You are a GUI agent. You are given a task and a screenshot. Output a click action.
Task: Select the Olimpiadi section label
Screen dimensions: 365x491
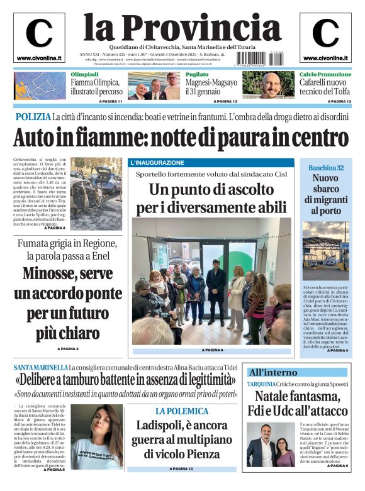point(84,74)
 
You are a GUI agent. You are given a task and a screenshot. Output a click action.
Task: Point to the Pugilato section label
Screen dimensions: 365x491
point(197,74)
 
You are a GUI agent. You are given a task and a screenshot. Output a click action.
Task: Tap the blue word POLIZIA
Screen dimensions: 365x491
point(33,117)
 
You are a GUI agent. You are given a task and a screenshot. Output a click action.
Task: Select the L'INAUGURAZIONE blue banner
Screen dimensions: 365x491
point(157,163)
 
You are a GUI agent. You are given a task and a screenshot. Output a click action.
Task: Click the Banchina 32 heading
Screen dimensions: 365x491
point(325,168)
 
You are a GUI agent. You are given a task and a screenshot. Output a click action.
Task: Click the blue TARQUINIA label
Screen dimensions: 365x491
point(261,383)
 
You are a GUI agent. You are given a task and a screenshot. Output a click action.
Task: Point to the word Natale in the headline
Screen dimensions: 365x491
point(277,396)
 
